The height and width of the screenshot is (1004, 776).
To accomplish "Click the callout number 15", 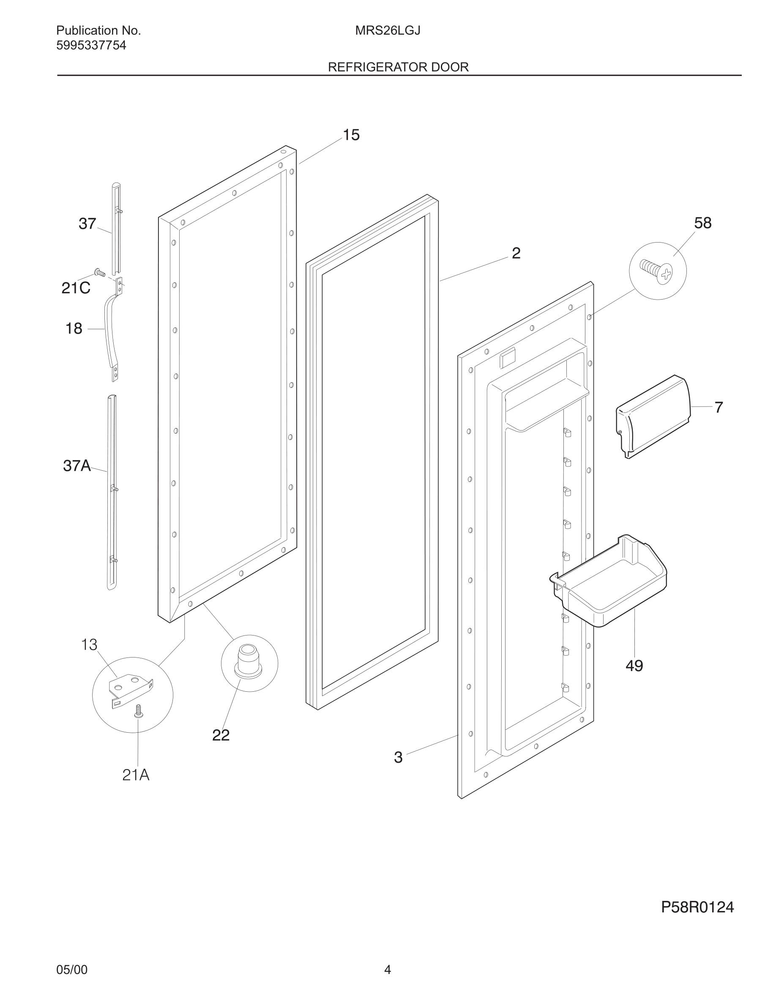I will pyautogui.click(x=351, y=135).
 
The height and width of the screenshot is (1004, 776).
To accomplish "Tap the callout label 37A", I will pyautogui.click(x=77, y=466).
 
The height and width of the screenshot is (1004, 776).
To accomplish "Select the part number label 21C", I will pyautogui.click(x=76, y=288).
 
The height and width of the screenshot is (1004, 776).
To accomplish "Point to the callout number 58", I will pyautogui.click(x=702, y=223).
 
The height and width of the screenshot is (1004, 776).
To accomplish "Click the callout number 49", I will pyautogui.click(x=634, y=666).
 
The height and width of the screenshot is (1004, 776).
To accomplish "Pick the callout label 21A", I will pyautogui.click(x=136, y=775).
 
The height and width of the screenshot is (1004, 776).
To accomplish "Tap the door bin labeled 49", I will pyautogui.click(x=612, y=584).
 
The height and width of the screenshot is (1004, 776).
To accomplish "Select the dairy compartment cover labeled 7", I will pyautogui.click(x=653, y=416).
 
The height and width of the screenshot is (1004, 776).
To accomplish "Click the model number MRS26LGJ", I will pyautogui.click(x=388, y=31).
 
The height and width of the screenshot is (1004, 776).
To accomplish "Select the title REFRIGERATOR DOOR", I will pyautogui.click(x=398, y=67).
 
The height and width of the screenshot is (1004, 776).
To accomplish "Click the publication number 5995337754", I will pyautogui.click(x=91, y=46).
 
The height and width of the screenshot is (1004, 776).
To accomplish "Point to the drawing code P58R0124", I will pyautogui.click(x=697, y=907).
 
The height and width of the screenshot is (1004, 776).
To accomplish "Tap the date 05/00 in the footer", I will pyautogui.click(x=72, y=970).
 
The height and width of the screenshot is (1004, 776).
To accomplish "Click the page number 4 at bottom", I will pyautogui.click(x=388, y=970).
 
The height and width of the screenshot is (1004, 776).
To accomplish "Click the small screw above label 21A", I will pyautogui.click(x=138, y=712).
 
